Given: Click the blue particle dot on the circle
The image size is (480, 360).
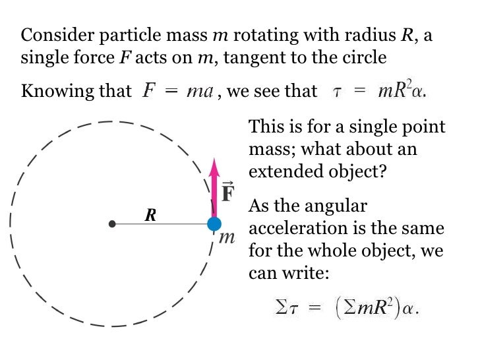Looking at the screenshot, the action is tap(214, 224).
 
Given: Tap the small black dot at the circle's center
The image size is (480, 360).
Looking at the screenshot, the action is tap(112, 224).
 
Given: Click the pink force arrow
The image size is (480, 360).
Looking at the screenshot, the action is tap(214, 188).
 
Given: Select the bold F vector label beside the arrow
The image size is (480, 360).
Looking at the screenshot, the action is tap(228, 193).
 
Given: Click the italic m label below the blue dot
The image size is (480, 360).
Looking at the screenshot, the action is tap(226, 237).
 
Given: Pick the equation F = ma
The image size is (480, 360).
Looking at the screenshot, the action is tap(177, 91).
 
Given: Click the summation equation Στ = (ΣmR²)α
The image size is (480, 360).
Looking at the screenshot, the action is tap(346, 307).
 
